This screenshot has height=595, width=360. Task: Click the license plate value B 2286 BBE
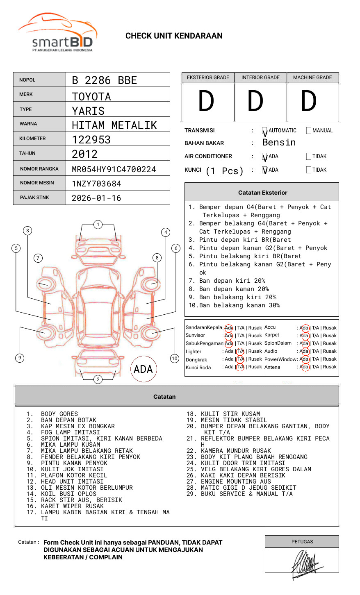(x=105, y=80)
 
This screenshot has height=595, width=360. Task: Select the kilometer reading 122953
(x=91, y=140)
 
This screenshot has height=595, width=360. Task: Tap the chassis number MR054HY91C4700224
(x=114, y=169)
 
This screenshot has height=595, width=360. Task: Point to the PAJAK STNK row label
(x=34, y=198)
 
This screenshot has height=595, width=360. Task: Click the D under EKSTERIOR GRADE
(x=206, y=101)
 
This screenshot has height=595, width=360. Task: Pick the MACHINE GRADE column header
(x=312, y=77)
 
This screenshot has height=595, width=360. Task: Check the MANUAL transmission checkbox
(x=309, y=130)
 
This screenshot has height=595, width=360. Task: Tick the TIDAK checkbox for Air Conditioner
(x=309, y=156)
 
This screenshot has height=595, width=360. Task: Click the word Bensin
(x=279, y=142)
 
